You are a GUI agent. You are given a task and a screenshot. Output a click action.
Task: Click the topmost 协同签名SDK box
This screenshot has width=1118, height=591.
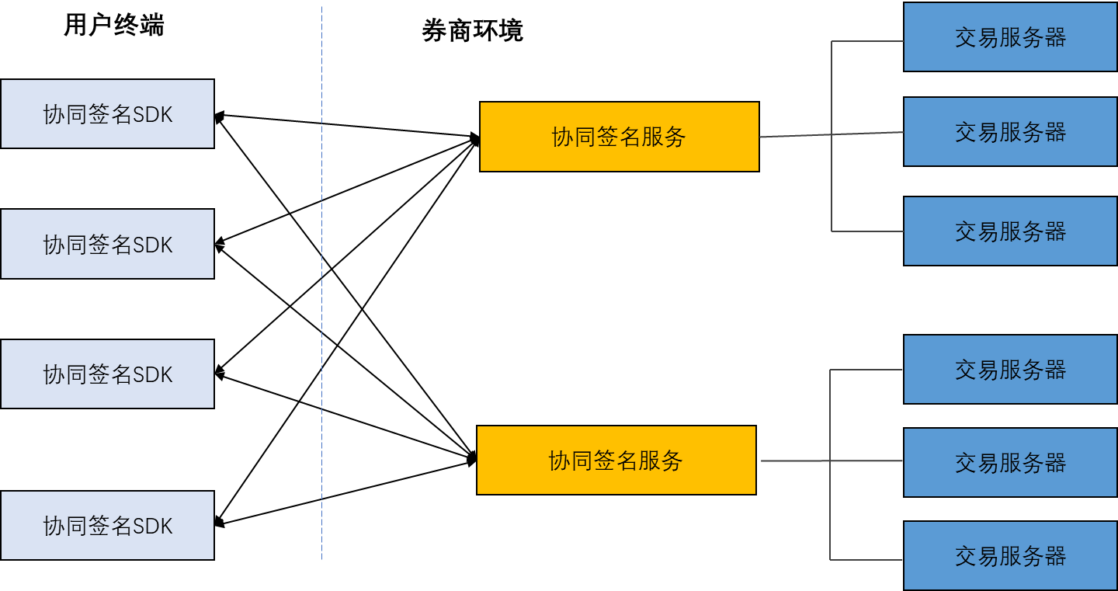107,114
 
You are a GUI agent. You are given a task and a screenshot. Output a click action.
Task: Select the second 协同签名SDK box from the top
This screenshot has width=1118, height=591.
107,244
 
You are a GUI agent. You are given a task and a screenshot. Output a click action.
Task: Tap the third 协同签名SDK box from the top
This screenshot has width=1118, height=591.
107,374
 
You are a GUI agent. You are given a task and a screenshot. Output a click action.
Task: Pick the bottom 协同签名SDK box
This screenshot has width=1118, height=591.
107,525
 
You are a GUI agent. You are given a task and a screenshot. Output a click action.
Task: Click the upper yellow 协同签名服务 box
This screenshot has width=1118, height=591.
619,137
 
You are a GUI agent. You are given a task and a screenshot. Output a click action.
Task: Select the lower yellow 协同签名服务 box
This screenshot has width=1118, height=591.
616,460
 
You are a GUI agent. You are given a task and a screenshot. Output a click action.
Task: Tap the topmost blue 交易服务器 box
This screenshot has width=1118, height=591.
1010,37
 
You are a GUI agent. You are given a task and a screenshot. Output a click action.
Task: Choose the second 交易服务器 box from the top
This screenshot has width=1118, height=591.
1010,131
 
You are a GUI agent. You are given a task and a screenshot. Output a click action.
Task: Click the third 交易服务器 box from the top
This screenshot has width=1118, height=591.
1010,231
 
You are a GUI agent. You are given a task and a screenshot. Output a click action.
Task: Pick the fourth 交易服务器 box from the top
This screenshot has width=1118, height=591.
1010,369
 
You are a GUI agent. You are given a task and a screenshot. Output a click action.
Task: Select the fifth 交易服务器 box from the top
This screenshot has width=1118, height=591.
1010,462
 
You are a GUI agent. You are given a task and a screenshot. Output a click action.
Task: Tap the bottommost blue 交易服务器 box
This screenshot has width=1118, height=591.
1010,555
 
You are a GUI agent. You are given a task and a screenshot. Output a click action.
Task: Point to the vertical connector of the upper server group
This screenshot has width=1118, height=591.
832,186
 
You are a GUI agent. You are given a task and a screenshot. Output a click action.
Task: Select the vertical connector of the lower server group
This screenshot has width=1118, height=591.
830,513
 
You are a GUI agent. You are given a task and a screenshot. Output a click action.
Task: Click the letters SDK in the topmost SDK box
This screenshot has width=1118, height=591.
152,115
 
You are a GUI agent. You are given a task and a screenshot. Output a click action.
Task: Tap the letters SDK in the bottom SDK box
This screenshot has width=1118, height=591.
152,526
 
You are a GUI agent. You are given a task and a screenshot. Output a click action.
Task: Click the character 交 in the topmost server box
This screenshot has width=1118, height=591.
966,37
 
